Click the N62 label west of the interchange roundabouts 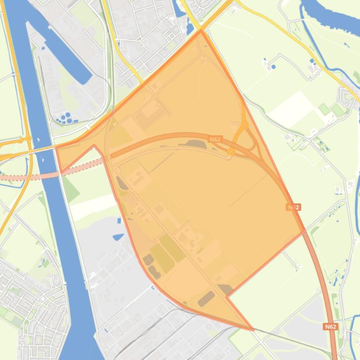(214, 139)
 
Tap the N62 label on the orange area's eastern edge (294, 207)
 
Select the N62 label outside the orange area (331, 327)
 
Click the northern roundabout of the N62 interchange (244, 125)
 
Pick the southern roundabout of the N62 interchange (231, 151)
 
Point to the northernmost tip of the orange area (201, 31)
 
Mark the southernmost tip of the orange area (253, 330)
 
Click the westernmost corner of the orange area (57, 148)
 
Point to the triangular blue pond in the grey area (118, 237)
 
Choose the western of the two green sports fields (324, 109)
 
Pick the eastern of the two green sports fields (337, 110)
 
